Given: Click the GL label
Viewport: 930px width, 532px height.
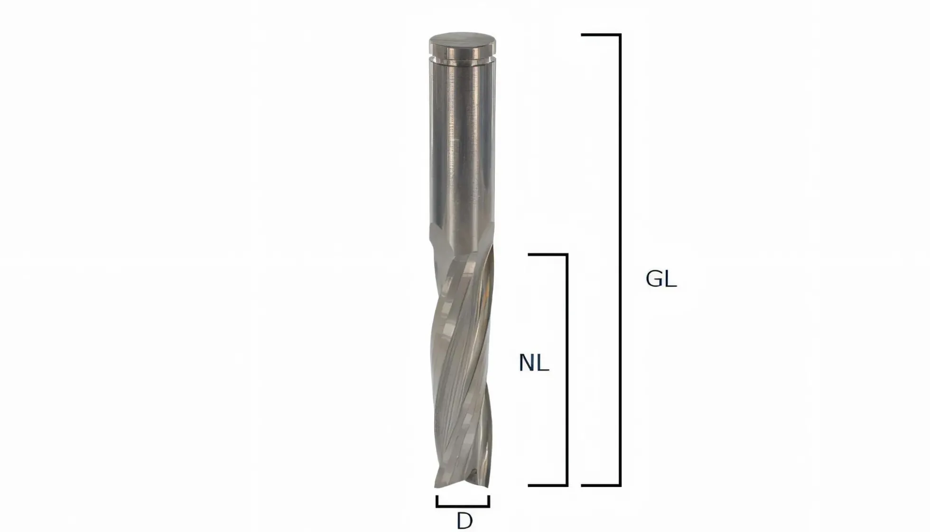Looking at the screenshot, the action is pos(661,279).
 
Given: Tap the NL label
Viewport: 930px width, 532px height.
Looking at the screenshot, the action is pos(534,363).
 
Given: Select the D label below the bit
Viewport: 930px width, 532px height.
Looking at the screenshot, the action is pos(465,521).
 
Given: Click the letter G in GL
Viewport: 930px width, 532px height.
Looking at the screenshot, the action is pos(654,279).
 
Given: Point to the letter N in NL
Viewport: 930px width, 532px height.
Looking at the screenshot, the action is pos(527,363).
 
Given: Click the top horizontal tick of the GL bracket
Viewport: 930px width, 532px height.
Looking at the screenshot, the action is pos(601,35).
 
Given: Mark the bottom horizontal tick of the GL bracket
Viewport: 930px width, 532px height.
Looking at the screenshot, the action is pos(601,485).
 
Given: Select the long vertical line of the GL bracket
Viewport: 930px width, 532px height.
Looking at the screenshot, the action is pos(620,260).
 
